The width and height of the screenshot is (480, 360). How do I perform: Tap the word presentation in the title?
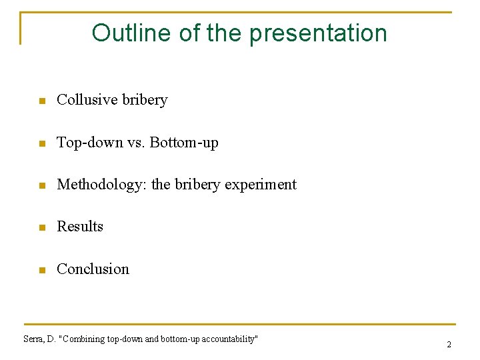tap(319, 33)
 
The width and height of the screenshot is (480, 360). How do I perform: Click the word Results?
tap(80, 227)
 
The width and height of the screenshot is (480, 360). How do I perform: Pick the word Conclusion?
tap(93, 269)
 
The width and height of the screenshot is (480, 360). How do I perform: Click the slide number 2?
tap(449, 345)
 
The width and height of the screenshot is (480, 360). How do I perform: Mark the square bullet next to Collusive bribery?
tap(41, 101)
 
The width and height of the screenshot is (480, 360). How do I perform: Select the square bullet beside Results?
tap(41, 228)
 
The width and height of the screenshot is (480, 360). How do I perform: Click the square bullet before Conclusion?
tap(41, 271)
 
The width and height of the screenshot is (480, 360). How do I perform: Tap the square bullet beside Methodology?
tap(41, 186)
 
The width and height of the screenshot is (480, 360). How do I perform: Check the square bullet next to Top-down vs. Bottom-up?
tap(41, 144)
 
